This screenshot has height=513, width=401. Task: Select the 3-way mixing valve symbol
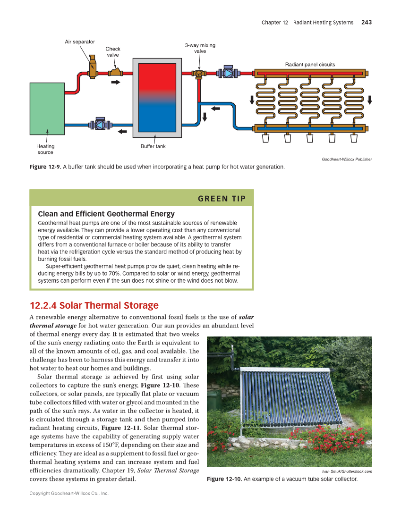[x=199, y=74]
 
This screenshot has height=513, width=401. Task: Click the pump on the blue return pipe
[x=100, y=125]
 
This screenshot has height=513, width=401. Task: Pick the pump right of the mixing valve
[x=228, y=73]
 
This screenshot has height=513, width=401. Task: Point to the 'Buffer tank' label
[x=153, y=146]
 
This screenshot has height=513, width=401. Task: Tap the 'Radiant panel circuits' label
[x=310, y=64]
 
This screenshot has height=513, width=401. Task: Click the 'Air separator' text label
[x=80, y=42]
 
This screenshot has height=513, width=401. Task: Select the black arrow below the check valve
[x=115, y=83]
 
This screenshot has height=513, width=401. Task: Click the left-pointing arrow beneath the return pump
[x=123, y=132]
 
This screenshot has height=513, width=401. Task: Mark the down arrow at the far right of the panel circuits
[x=369, y=100]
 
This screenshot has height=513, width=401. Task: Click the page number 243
[x=366, y=22]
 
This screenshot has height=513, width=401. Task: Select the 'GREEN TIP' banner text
[x=222, y=199]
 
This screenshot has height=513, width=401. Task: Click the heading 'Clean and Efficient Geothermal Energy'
[x=106, y=214]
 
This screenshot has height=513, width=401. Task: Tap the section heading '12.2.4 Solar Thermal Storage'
[x=94, y=305]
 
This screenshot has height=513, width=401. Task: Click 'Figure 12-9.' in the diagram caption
[x=45, y=167]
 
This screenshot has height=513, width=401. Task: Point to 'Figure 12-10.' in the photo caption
[x=224, y=479]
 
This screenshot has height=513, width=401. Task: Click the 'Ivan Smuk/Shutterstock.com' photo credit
[x=347, y=471]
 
